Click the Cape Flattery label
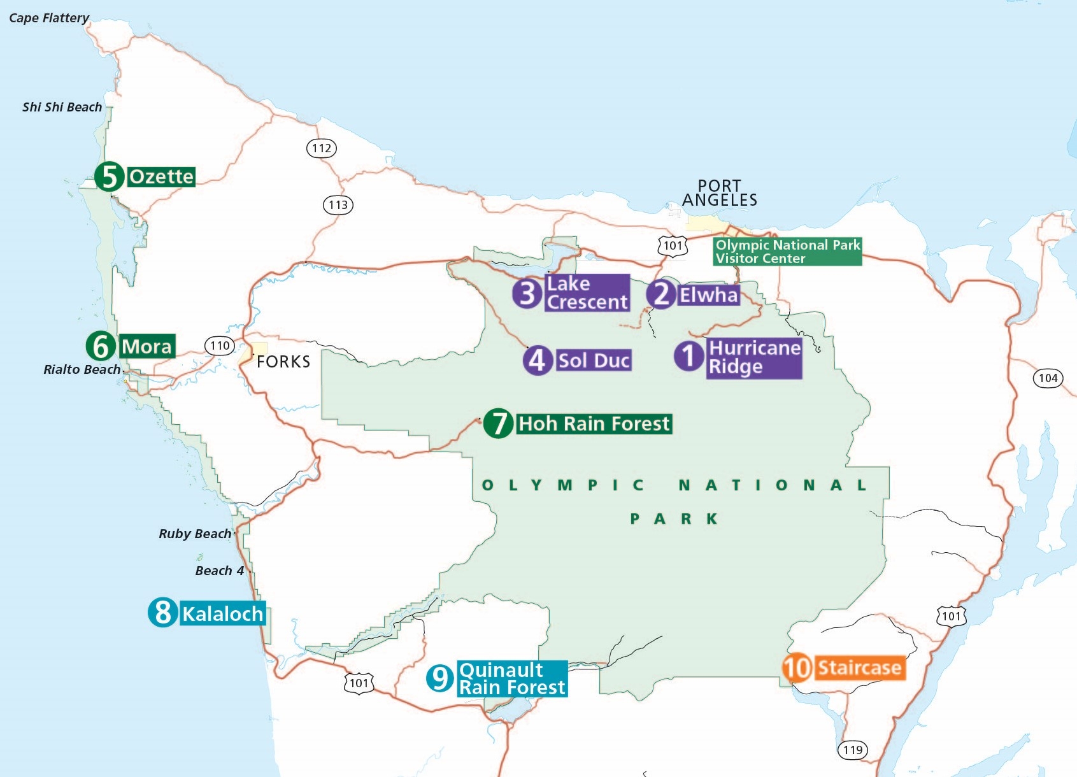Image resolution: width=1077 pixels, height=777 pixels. point(49,18)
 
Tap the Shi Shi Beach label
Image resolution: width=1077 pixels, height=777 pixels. point(62,107)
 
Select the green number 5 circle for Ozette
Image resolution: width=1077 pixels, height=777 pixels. point(110,176)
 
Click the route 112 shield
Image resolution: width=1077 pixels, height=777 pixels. point(322,148)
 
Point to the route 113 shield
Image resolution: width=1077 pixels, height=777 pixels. point(338,205)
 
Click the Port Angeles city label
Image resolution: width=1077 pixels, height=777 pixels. point(720,193)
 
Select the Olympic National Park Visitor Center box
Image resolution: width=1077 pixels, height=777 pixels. point(787,252)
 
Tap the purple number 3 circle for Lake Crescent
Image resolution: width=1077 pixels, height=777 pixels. point(527,293)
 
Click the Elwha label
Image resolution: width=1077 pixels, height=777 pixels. point(708,295)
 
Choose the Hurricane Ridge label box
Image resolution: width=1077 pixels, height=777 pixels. point(754,357)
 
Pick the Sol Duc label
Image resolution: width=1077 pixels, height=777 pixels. point(594,360)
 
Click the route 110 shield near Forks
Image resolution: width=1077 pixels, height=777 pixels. point(220,346)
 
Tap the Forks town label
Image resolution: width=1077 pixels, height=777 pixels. point(283,362)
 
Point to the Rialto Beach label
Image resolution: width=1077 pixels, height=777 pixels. point(82,369)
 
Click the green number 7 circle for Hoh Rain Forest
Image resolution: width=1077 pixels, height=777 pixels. point(499,424)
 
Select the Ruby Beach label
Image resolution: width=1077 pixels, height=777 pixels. point(195,534)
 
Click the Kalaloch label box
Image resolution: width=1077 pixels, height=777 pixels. point(222,613)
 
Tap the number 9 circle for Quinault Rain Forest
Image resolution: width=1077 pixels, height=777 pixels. point(440,678)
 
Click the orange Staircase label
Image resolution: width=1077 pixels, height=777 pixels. point(859,667)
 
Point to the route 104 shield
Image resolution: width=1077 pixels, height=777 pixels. point(1048,378)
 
